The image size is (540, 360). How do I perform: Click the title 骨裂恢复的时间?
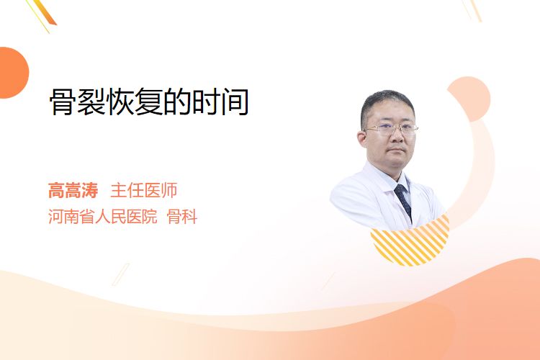[149, 102]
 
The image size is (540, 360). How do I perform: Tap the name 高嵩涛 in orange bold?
[73, 191]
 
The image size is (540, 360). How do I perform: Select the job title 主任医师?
[144, 191]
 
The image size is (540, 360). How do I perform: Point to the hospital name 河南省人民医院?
[103, 217]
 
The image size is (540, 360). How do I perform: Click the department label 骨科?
[182, 217]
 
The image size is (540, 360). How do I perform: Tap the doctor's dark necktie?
[404, 201]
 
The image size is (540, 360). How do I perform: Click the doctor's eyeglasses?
[392, 130]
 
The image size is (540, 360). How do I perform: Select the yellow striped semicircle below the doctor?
[410, 242]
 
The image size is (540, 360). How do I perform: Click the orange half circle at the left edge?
[13, 73]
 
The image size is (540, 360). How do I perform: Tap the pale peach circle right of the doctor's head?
[469, 99]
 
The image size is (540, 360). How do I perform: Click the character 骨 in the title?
[63, 102]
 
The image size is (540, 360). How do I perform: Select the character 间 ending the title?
[235, 102]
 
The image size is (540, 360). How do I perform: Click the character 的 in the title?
[178, 102]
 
